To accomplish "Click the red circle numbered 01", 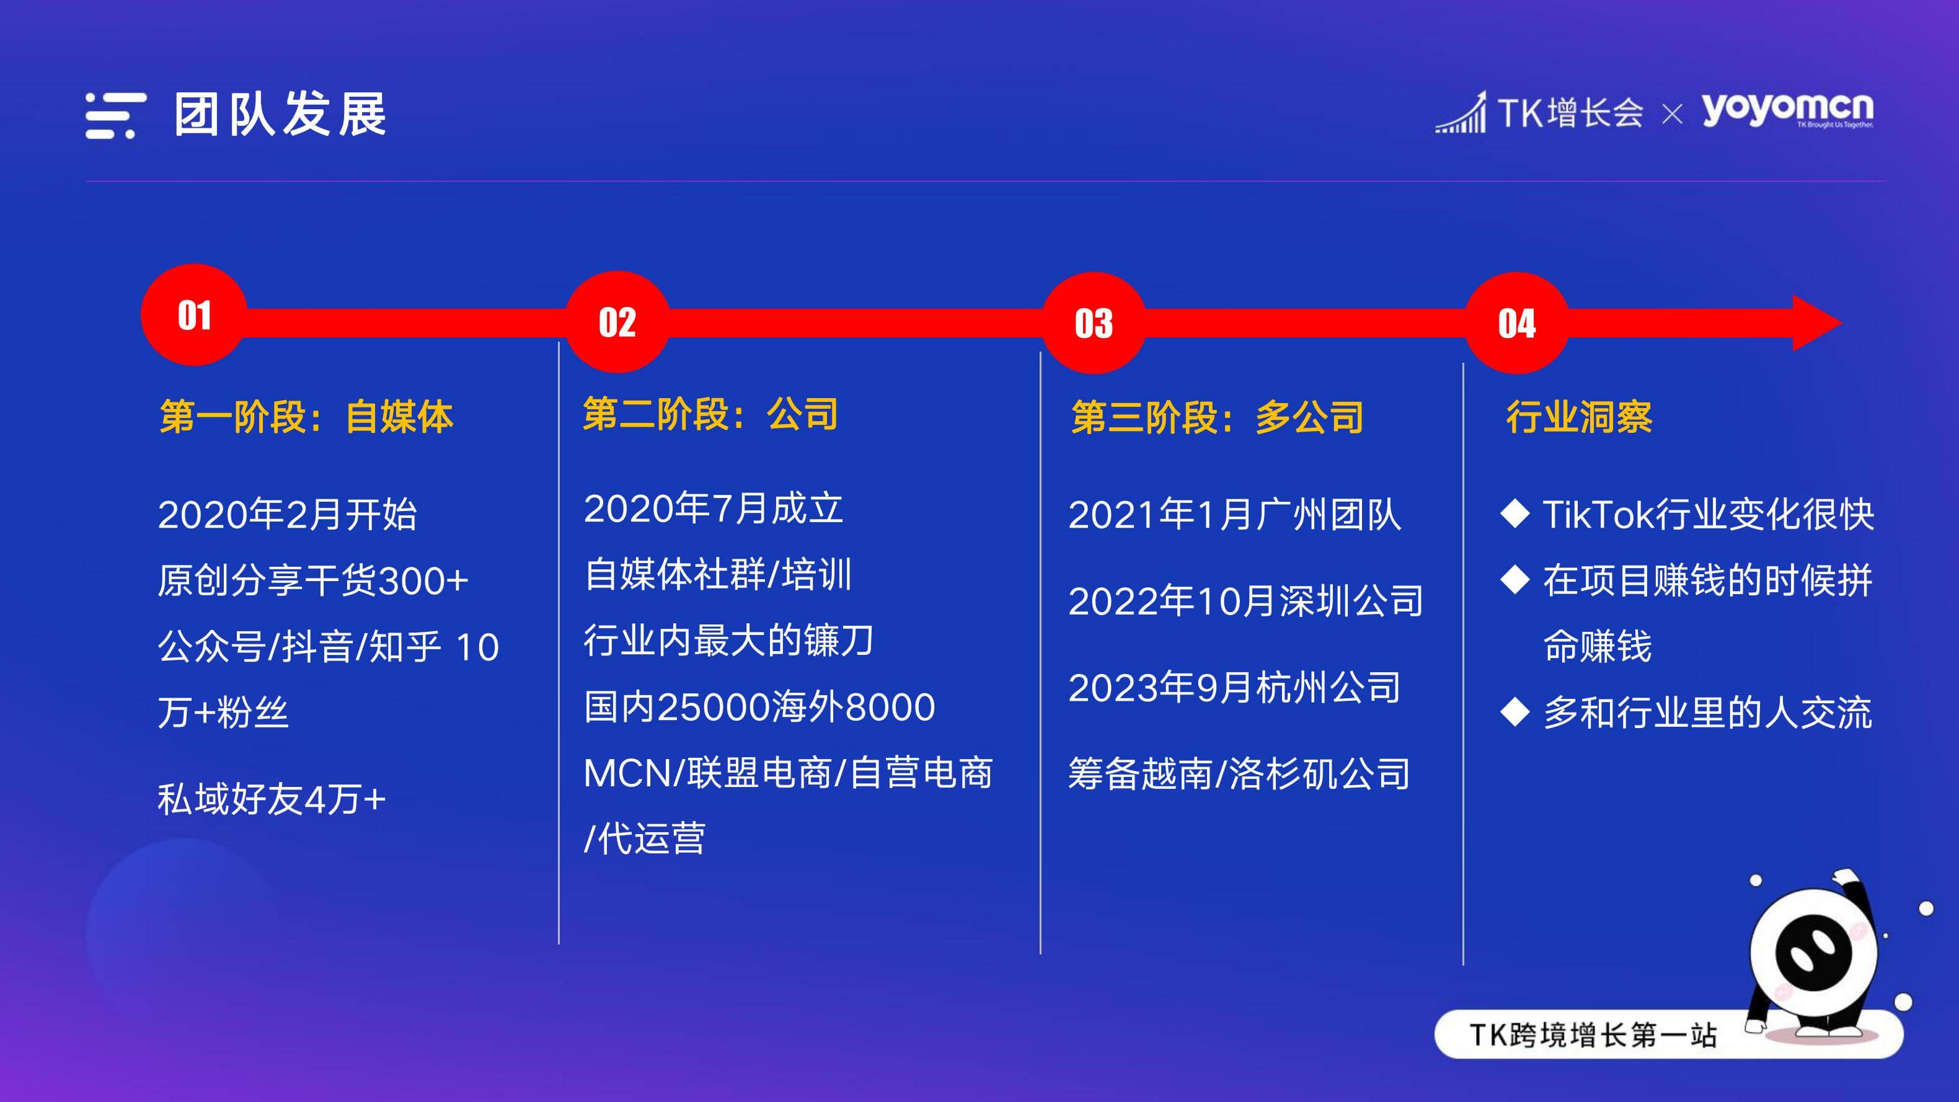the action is pyautogui.click(x=194, y=315).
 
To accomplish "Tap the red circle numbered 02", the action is pyautogui.click(x=617, y=322).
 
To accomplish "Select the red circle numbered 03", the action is pyautogui.click(x=1093, y=323).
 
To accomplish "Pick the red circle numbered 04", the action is pyautogui.click(x=1516, y=323).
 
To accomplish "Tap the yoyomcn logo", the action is pyautogui.click(x=1787, y=112).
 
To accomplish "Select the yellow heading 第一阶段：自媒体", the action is pyautogui.click(x=306, y=417).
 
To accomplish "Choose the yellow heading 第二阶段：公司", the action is pyautogui.click(x=710, y=414).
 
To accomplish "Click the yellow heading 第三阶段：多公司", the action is pyautogui.click(x=1217, y=417).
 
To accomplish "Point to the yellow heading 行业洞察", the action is pyautogui.click(x=1579, y=417).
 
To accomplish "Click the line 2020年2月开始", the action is pyautogui.click(x=288, y=514).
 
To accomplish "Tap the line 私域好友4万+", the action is pyautogui.click(x=272, y=799).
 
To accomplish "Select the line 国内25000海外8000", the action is pyautogui.click(x=759, y=706).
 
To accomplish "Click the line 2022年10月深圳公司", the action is pyautogui.click(x=1245, y=601).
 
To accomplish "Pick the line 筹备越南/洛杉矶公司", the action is pyautogui.click(x=1239, y=773).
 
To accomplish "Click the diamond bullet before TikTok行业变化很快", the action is pyautogui.click(x=1515, y=514).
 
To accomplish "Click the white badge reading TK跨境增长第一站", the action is pyautogui.click(x=1668, y=1034).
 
